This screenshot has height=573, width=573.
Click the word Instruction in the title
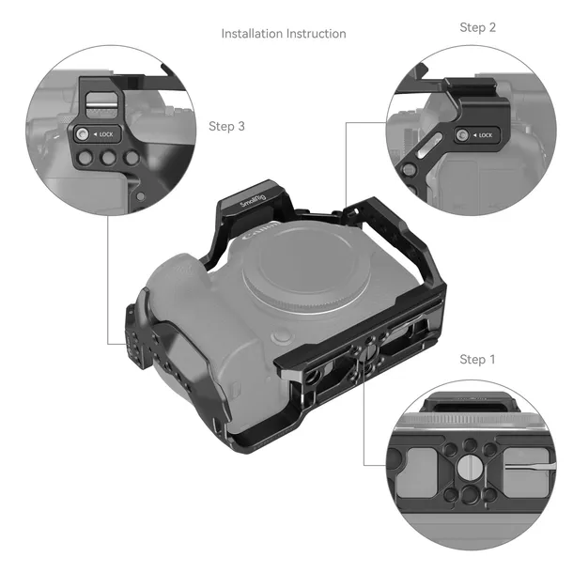[317, 34]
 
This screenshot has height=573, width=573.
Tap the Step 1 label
[478, 360]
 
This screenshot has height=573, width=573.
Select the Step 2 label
[478, 27]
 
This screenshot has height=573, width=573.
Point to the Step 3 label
[227, 125]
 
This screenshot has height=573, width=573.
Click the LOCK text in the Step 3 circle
[105, 134]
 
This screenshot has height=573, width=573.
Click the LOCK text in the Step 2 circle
[485, 136]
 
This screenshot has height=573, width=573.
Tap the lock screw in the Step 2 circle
[463, 136]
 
